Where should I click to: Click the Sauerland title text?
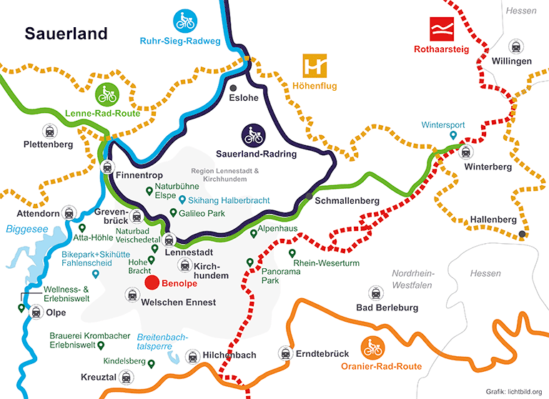66,34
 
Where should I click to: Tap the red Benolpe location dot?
152,282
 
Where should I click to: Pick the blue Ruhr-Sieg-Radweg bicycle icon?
186,21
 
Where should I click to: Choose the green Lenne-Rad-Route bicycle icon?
107,94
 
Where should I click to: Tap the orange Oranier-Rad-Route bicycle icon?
372,348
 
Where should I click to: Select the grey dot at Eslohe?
233,87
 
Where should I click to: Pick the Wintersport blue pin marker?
453,136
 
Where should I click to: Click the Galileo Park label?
203,213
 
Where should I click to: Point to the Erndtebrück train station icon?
285,353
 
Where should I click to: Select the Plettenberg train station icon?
49,130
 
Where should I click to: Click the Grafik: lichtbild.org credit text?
514,391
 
